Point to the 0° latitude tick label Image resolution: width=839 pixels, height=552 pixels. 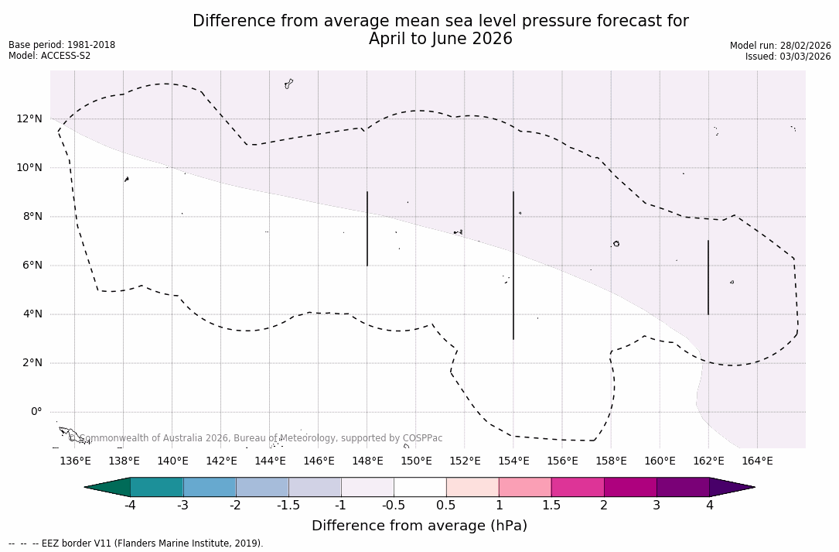point(36,412)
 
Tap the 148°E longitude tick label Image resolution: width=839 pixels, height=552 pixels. point(367,461)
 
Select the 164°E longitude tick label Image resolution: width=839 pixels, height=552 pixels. point(757,461)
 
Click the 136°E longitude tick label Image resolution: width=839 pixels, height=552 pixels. point(75,461)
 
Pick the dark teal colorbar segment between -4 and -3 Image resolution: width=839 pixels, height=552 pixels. point(157,487)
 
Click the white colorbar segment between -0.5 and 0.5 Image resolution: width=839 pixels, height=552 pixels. point(420,487)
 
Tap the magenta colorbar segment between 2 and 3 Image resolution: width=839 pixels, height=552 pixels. point(630,487)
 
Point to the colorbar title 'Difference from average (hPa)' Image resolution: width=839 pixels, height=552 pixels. point(419,526)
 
